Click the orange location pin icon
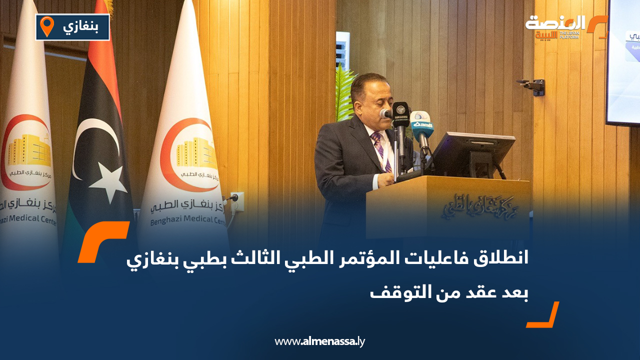(x=47, y=26)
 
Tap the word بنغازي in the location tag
(x=80, y=26)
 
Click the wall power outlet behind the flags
(x=236, y=198)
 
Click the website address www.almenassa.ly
(x=320, y=341)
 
